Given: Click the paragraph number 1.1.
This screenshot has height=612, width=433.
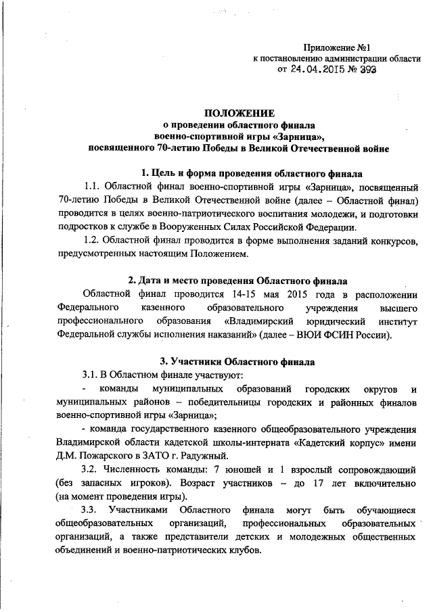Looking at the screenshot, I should (x=93, y=186).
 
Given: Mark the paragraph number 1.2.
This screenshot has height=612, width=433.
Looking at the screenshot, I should (x=93, y=240).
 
